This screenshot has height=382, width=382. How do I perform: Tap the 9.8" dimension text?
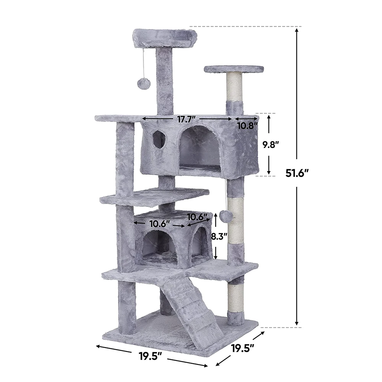[270, 145]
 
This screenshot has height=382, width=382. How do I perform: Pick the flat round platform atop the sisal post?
[234, 69]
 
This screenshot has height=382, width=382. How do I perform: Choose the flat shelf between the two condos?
[155, 196]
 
